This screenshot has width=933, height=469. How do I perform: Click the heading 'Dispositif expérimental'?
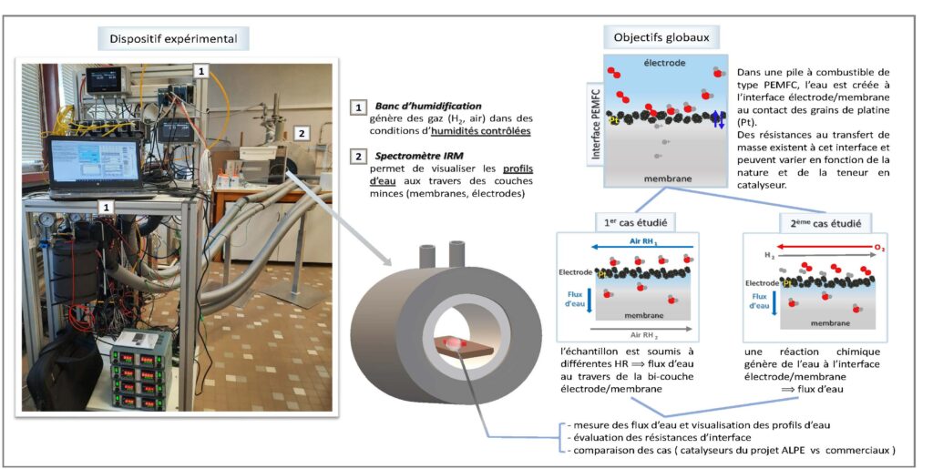pyautogui.click(x=174, y=38)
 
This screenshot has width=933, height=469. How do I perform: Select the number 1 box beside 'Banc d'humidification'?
pyautogui.click(x=358, y=107)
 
